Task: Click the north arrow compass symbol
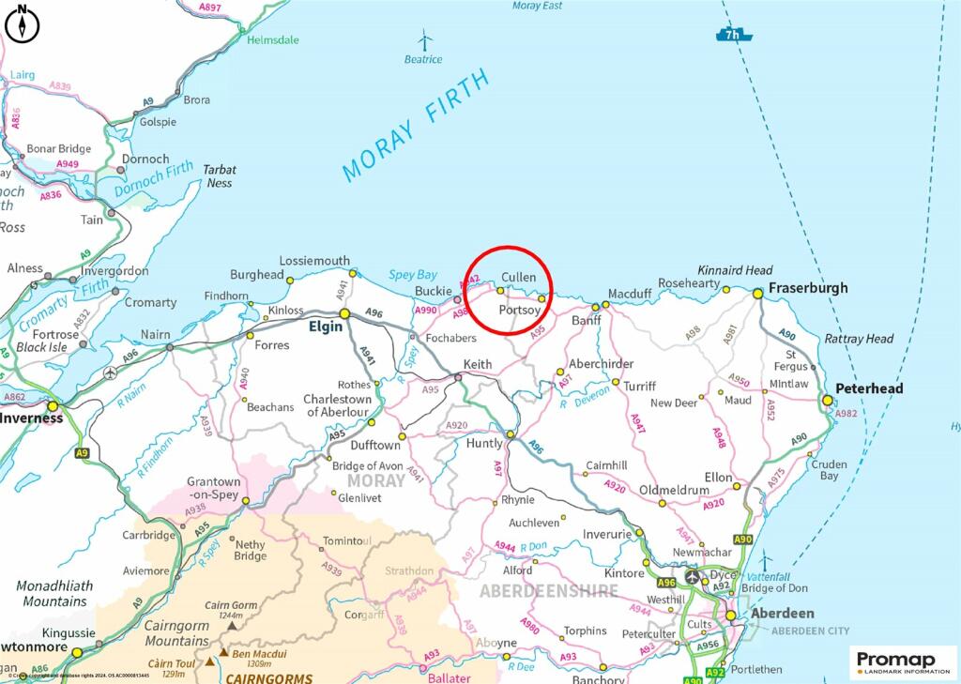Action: click(x=22, y=24)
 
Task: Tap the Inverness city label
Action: click(x=32, y=418)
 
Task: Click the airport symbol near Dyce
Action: click(x=693, y=576)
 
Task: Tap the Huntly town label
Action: click(x=485, y=443)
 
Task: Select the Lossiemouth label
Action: click(x=315, y=261)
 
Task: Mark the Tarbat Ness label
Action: click(x=221, y=176)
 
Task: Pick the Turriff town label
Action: click(x=640, y=386)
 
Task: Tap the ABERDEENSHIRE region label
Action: click(x=549, y=591)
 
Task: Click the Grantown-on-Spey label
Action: click(x=213, y=488)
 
